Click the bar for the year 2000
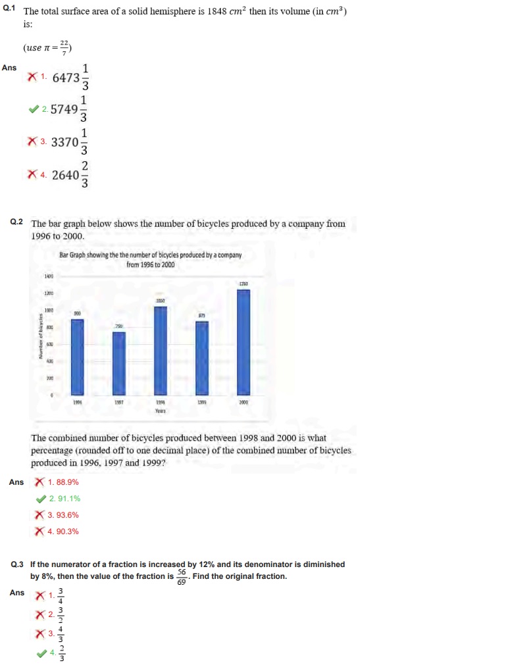coord(243,341)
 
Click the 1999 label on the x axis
coord(202,401)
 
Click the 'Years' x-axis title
coord(161,410)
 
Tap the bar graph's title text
coord(151,259)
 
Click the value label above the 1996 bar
coord(77,314)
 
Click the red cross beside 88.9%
coord(40,482)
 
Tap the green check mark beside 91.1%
coord(40,499)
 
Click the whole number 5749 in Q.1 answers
coord(64,109)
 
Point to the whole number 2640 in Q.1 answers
coord(65,175)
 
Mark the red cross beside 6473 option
coord(32,77)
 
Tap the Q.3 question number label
coord(18,564)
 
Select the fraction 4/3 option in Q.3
coord(61,634)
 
